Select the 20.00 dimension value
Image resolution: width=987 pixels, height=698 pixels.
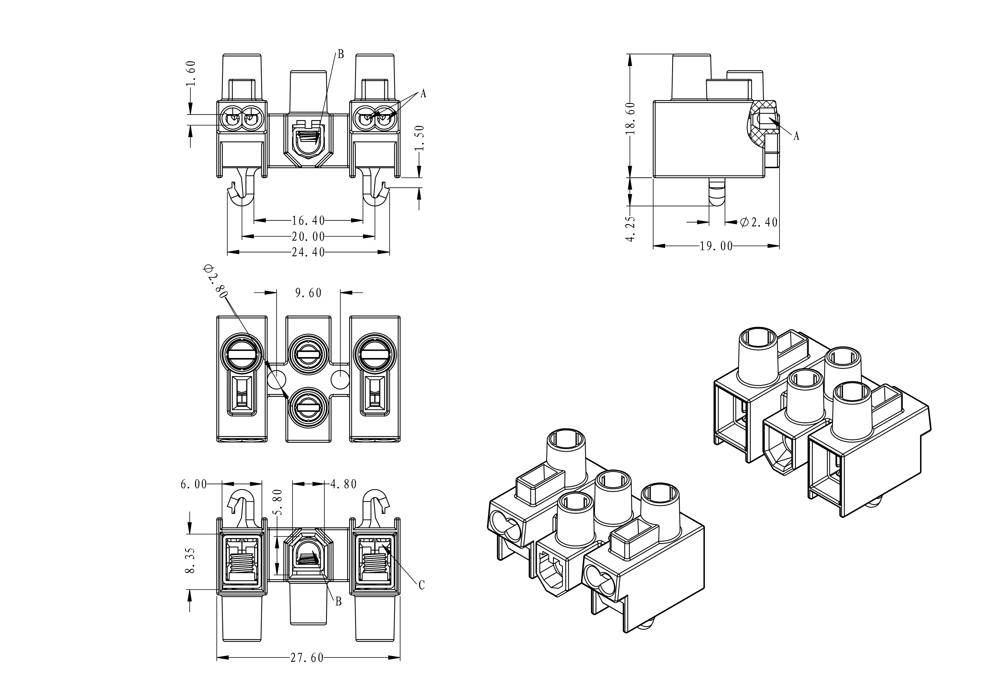(x=308, y=237)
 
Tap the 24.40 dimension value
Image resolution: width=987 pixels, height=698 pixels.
(x=308, y=252)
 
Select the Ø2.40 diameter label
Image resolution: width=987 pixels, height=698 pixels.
(x=759, y=222)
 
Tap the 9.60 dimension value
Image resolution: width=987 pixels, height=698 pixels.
(x=308, y=293)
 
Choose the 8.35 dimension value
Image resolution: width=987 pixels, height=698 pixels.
(x=191, y=560)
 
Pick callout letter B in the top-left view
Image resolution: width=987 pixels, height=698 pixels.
(x=341, y=54)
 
